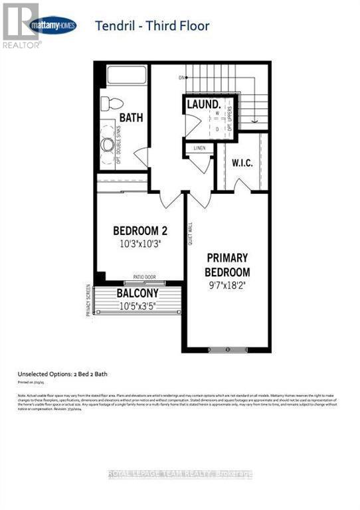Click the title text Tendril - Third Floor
(152, 26)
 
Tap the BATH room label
(132, 118)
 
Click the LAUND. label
(203, 105)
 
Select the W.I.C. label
(242, 161)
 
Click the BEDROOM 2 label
(139, 230)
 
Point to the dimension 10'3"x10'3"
(139, 244)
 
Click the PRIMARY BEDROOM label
(228, 264)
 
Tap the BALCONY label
(137, 293)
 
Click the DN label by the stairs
(180, 78)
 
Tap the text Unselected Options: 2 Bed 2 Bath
(68, 374)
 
